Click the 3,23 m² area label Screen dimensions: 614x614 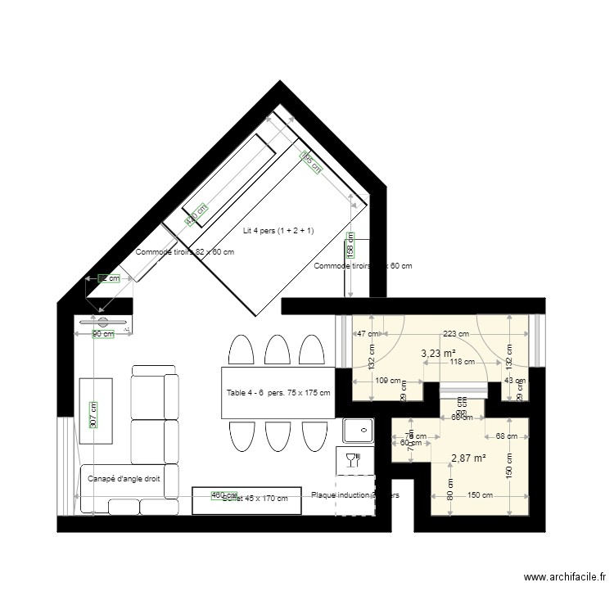[438, 354]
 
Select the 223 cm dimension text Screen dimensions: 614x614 [455, 334]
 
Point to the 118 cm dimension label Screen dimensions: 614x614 [463, 363]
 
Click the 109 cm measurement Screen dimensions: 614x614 [388, 381]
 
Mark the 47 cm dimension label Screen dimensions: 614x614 [368, 334]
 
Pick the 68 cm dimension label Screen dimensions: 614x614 [506, 436]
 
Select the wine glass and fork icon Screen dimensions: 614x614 [353, 459]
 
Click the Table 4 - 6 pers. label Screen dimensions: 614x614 [278, 393]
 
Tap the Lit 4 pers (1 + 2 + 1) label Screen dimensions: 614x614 [278, 231]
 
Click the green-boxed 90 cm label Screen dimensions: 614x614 [102, 334]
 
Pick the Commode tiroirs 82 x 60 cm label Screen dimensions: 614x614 [185, 252]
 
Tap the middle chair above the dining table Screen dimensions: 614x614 [275, 350]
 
